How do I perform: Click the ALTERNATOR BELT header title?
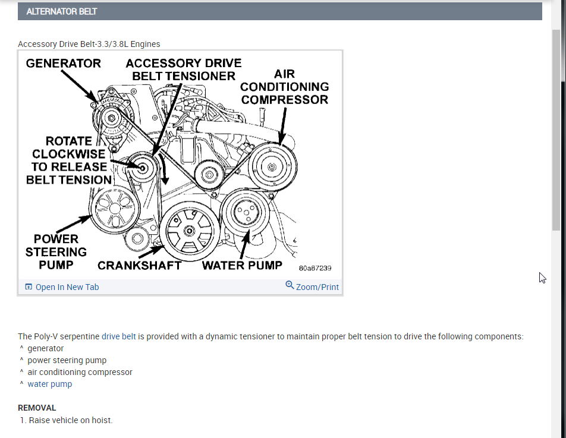click(x=62, y=11)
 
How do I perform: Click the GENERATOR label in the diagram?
click(x=64, y=63)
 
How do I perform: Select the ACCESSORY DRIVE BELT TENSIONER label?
click(x=184, y=70)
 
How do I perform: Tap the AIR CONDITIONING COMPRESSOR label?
click(x=284, y=87)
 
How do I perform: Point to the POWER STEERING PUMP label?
click(x=56, y=251)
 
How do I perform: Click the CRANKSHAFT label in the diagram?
click(x=139, y=266)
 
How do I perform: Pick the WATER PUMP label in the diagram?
click(x=241, y=265)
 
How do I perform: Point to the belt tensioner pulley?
click(x=143, y=168)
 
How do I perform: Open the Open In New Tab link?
click(x=62, y=287)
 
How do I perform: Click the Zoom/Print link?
click(x=312, y=286)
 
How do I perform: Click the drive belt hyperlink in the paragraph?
click(x=119, y=336)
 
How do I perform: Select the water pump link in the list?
click(x=50, y=384)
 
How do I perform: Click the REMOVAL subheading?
click(x=37, y=408)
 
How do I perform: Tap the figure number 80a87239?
click(x=315, y=268)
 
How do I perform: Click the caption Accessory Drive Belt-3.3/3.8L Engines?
click(x=89, y=44)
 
